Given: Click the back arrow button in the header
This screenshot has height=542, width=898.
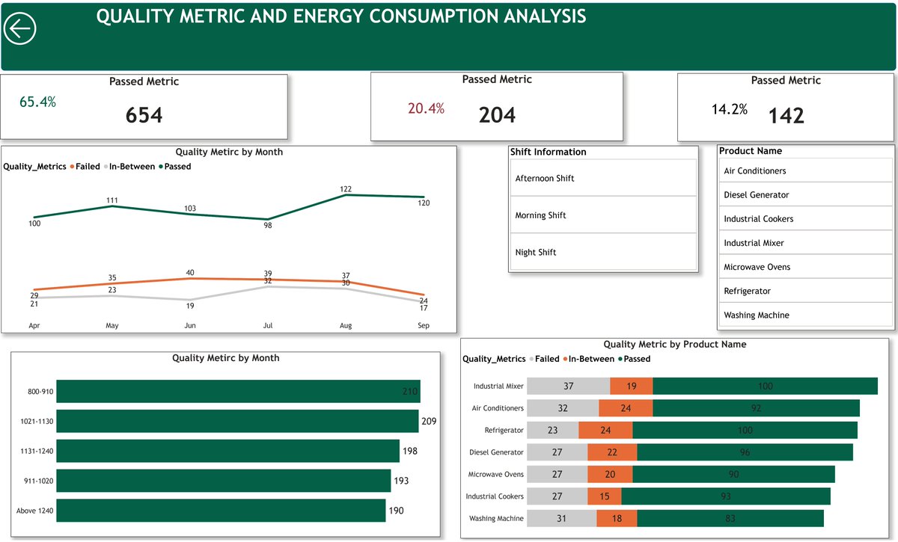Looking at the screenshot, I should (20, 29).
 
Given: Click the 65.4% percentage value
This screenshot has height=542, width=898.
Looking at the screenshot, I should (37, 102).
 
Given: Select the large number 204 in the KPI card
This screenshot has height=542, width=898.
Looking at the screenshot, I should (497, 114).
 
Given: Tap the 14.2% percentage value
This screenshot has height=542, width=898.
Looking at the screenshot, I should (729, 110).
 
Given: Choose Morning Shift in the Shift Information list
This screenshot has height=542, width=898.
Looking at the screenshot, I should (540, 215).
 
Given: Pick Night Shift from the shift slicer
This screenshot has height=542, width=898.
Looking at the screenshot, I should (536, 253).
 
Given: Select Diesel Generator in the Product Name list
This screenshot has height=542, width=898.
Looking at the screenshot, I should (756, 195).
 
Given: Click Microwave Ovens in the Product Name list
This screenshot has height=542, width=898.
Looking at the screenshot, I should (757, 267).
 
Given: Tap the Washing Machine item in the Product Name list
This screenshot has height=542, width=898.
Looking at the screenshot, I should (756, 315).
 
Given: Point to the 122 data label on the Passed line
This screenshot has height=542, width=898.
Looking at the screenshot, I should (346, 189).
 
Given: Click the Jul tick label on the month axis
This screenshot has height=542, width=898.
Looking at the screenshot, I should (268, 326).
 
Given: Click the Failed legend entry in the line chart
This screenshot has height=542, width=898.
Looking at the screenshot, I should (86, 167).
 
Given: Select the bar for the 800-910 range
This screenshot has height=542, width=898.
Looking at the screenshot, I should (238, 391).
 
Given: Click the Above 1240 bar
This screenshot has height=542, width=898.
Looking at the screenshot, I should (220, 511).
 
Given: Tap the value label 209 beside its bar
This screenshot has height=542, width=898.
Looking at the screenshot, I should (428, 422).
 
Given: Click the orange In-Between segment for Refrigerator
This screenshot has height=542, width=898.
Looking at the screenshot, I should (605, 431).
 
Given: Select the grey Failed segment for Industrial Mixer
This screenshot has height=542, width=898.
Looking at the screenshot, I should (568, 387).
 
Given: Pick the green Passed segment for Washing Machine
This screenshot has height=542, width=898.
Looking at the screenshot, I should (730, 519).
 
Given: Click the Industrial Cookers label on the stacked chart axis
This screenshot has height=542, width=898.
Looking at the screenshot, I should (495, 496).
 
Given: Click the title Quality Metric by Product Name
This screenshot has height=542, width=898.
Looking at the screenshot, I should (674, 345).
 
